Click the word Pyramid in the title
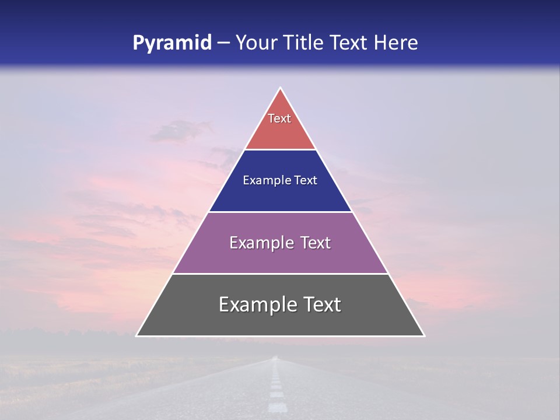pyautogui.click(x=171, y=43)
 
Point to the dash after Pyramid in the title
pyautogui.click(x=223, y=43)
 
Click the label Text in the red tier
pyautogui.click(x=279, y=118)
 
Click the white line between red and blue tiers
pyautogui.click(x=280, y=150)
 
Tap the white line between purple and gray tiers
pyautogui.click(x=280, y=274)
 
